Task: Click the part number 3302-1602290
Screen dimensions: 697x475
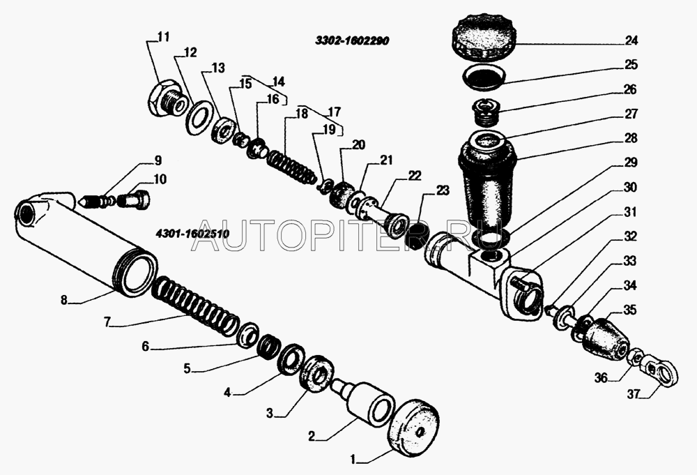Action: (x=352, y=41)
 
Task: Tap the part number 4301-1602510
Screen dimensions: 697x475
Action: (x=192, y=234)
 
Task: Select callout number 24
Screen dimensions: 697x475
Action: (x=631, y=40)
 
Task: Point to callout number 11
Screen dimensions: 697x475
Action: (x=164, y=36)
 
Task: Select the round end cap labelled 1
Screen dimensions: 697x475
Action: (x=413, y=425)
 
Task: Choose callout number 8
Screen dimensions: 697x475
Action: (x=64, y=301)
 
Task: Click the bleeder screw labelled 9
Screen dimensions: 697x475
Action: (x=95, y=203)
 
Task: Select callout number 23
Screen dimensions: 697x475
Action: (x=443, y=191)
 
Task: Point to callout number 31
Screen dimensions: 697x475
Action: (x=630, y=212)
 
